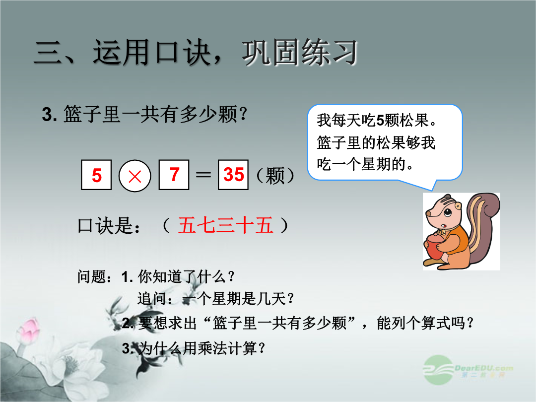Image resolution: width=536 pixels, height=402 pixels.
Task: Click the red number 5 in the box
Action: [97, 175]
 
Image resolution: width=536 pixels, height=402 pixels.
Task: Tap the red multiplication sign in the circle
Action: [134, 176]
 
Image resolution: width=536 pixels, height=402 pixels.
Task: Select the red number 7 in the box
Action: [174, 174]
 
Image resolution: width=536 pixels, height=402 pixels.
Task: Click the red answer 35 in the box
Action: [233, 174]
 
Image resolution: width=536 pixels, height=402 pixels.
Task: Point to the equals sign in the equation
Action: [203, 175]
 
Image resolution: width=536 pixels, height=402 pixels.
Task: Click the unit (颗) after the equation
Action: [275, 175]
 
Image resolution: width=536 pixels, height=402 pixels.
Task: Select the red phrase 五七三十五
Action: [226, 225]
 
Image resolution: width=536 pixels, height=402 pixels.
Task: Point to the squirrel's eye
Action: [448, 213]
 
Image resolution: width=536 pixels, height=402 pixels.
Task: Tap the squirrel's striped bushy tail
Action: [482, 226]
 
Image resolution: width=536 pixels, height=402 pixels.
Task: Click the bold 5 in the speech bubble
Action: [380, 120]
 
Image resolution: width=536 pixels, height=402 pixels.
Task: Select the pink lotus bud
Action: [29, 328]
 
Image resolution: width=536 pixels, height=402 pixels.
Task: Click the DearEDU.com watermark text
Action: [484, 368]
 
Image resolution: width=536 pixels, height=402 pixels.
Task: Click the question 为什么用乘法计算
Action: [201, 348]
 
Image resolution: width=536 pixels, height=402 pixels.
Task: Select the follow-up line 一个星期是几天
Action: [238, 299]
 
